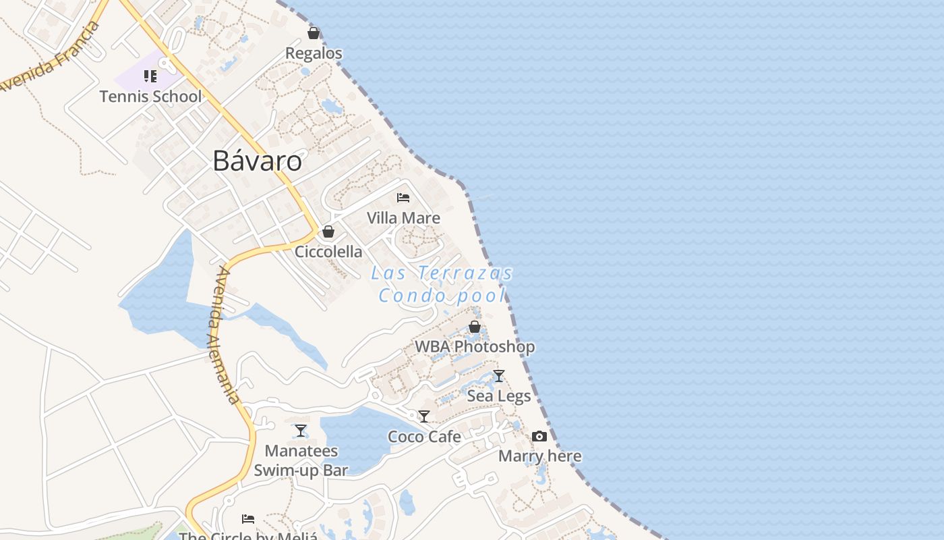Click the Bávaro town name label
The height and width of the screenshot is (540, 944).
click(x=257, y=161)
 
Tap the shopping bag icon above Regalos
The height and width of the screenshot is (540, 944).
click(x=314, y=32)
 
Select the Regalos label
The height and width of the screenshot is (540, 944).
click(x=314, y=53)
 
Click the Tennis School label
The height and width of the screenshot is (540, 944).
click(x=150, y=97)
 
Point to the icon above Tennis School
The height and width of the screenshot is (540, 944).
click(x=150, y=76)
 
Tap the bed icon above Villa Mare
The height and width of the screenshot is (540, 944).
click(x=403, y=198)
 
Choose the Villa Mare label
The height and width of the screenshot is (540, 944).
click(x=403, y=218)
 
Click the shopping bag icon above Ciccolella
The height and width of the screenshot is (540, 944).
click(x=328, y=232)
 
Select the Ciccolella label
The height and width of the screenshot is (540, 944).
click(x=328, y=252)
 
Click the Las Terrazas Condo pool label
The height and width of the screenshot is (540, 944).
click(x=442, y=284)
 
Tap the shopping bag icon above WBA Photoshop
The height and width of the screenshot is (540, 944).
click(x=475, y=327)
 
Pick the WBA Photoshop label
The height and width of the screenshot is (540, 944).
click(x=475, y=347)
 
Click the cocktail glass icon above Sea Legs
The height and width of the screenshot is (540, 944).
click(x=499, y=376)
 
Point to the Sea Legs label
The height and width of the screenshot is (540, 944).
click(x=499, y=396)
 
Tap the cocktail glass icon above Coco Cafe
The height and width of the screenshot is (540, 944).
click(x=424, y=416)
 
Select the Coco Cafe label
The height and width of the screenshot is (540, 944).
click(x=424, y=437)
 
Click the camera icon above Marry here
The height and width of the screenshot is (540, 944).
click(x=539, y=436)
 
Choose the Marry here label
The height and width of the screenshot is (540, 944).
click(x=539, y=456)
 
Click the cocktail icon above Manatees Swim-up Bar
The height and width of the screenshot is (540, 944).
click(x=301, y=430)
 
